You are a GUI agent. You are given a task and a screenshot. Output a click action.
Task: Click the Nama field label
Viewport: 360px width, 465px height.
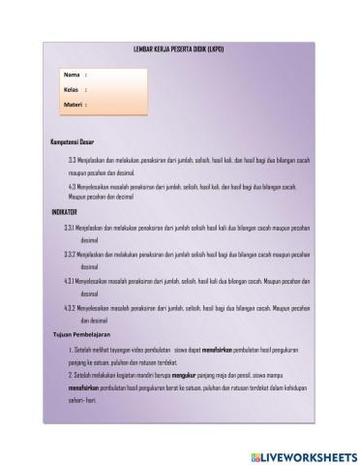(x=72, y=75)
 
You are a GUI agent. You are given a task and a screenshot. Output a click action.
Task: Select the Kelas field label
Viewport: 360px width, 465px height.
(x=72, y=89)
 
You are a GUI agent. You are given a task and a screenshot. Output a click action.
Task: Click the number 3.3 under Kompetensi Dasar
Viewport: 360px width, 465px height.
(x=73, y=160)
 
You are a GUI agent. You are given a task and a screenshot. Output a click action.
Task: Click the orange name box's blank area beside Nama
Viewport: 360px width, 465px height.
(x=116, y=75)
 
